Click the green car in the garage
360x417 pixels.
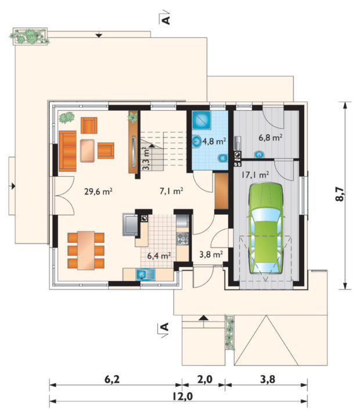[266, 228]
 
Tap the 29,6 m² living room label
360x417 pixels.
[98, 191]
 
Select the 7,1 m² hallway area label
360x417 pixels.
[171, 190]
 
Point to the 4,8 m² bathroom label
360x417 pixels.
[214, 141]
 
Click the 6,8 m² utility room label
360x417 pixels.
[271, 138]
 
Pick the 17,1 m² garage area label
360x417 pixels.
[255, 175]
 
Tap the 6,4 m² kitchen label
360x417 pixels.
[159, 256]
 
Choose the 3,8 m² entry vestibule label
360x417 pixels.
[211, 254]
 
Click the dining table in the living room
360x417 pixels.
[86, 250]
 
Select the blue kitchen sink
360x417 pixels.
[145, 275]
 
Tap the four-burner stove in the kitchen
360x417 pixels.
[183, 238]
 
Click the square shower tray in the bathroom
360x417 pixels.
[201, 120]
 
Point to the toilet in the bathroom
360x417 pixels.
[222, 158]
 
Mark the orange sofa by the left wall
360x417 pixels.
[67, 151]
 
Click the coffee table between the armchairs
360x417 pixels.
[87, 150]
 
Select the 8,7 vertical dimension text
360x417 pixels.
[340, 194]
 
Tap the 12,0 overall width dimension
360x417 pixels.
[182, 396]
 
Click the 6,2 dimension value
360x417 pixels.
[112, 379]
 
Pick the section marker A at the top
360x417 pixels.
[165, 20]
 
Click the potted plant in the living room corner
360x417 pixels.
[66, 117]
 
